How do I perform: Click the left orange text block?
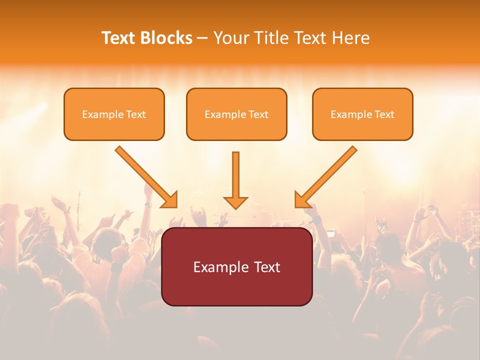114,114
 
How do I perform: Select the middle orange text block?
236,114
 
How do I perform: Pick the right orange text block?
362,114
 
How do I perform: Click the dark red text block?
237,266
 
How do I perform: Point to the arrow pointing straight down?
235,180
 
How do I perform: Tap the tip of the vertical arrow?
235,207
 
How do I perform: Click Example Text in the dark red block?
237,267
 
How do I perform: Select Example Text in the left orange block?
114,114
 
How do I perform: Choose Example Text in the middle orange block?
236,114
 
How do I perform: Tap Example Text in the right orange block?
362,114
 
